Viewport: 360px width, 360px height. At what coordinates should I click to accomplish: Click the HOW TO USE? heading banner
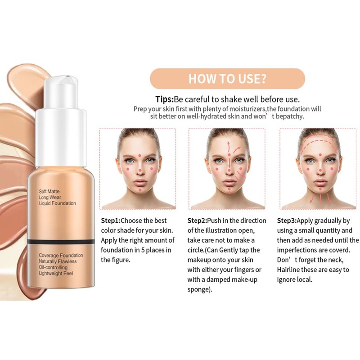click(x=227, y=78)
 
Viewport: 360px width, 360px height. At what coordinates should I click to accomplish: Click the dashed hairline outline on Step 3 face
click(x=319, y=143)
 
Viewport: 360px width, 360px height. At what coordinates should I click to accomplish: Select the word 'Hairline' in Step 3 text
click(x=290, y=270)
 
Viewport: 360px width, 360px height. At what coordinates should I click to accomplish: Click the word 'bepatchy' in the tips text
click(x=290, y=116)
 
